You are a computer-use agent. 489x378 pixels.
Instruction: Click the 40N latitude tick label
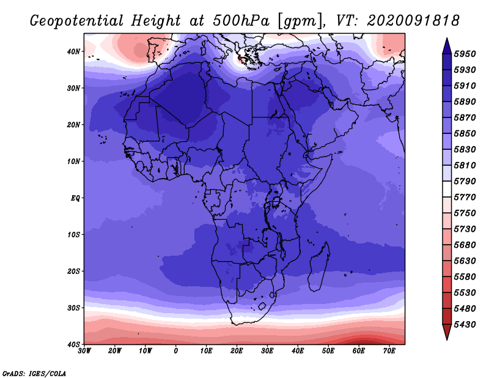coord(73,51)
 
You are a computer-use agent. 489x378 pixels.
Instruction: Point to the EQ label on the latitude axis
coord(75,198)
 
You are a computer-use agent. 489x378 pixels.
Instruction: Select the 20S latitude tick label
coord(73,271)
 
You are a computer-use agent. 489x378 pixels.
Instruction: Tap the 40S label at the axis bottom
coord(73,344)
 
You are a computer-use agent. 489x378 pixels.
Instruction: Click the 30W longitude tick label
coord(84,351)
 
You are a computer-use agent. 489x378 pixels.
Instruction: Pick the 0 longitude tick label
coord(176,351)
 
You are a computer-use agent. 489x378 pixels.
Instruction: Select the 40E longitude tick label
coord(298,351)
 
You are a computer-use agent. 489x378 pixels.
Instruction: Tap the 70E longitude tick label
coord(389,351)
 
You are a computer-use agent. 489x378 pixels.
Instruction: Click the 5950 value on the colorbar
coord(465,54)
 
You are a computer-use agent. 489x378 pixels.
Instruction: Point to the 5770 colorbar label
coord(465,198)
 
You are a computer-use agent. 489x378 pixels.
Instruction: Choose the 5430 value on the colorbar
coord(465,325)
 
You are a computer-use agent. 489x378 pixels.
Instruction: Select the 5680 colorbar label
coord(465,245)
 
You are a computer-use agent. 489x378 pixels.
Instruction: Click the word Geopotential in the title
coord(76,21)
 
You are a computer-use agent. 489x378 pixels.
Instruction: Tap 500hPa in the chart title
coord(241,21)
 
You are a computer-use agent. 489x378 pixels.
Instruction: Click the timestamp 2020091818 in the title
coord(413,21)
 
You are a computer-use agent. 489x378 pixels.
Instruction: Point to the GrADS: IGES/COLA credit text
coord(34,374)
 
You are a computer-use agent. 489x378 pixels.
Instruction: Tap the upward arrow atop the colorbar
coord(447,46)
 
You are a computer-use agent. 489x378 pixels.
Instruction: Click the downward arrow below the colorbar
coord(447,332)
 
